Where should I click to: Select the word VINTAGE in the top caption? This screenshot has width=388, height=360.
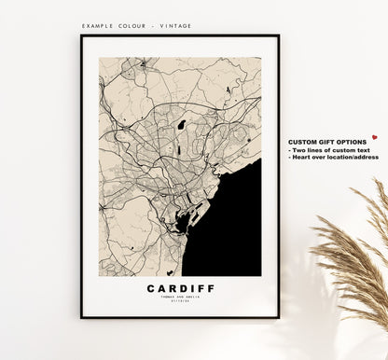pyautogui.click(x=176, y=25)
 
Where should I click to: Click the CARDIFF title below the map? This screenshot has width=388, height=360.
pyautogui.click(x=180, y=288)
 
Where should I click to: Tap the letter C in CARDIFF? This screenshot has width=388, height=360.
pyautogui.click(x=150, y=288)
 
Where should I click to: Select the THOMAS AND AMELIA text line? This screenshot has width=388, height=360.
pyautogui.click(x=180, y=297)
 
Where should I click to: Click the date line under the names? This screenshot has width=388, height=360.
pyautogui.click(x=180, y=301)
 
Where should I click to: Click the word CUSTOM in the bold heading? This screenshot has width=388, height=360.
pyautogui.click(x=305, y=141)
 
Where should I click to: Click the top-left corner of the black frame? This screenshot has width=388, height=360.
pyautogui.click(x=82, y=36)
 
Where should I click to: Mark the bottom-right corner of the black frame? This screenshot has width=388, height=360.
pyautogui.click(x=278, y=317)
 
